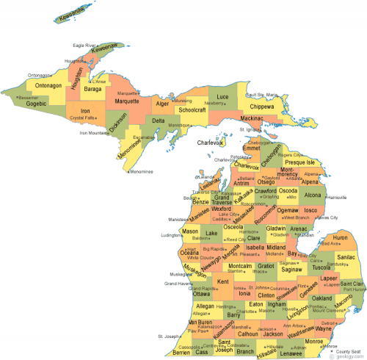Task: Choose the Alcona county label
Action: [313, 195]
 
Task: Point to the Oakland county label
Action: [321, 299]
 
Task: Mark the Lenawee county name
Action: [297, 352]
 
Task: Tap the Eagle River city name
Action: [86, 46]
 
